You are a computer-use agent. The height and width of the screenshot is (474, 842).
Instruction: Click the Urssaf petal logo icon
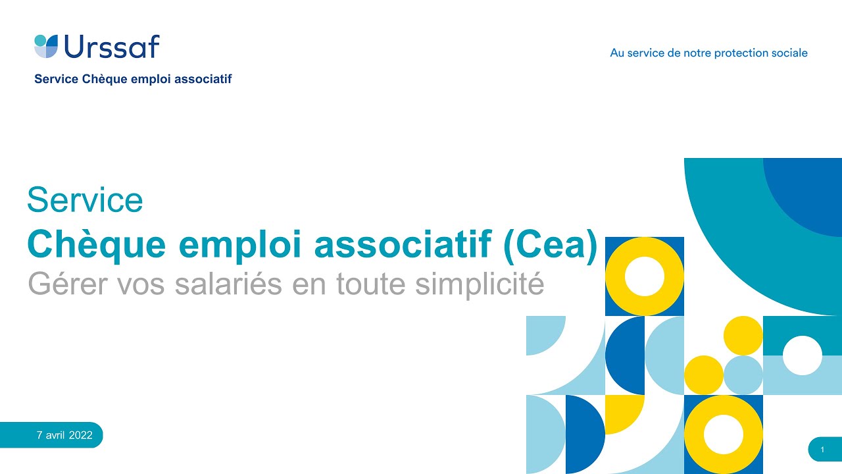click(x=46, y=46)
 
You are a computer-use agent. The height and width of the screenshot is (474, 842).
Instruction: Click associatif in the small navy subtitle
click(x=203, y=79)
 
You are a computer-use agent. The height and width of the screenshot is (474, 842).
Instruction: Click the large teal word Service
click(x=85, y=200)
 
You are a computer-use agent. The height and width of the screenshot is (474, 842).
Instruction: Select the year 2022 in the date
click(x=80, y=435)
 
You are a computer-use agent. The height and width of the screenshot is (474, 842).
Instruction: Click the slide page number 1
click(x=822, y=450)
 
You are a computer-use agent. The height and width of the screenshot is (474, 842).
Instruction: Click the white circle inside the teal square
click(x=803, y=355)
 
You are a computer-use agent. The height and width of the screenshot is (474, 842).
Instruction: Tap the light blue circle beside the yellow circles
click(x=743, y=375)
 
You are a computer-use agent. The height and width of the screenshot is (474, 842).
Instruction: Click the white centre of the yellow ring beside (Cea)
click(x=645, y=276)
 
